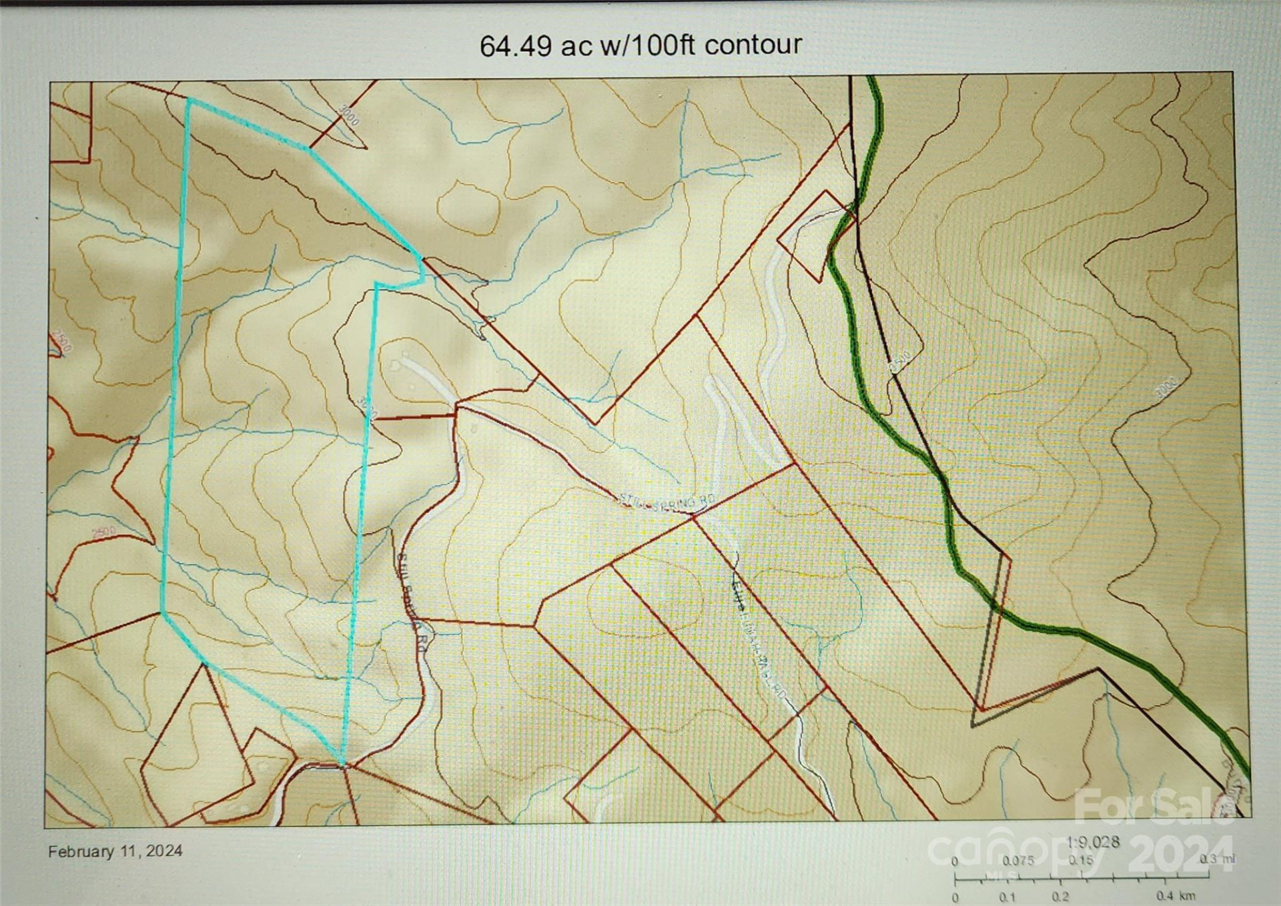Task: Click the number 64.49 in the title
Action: click(x=515, y=46)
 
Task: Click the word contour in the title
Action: click(x=753, y=45)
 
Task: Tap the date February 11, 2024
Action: click(x=115, y=851)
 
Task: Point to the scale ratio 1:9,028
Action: click(x=1093, y=842)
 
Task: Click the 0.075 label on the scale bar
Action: click(x=1017, y=861)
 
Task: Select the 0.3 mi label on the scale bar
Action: click(x=1218, y=859)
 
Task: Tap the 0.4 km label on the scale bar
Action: click(x=1176, y=896)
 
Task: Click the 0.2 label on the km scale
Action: click(x=1061, y=897)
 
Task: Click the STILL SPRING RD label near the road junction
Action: click(x=667, y=502)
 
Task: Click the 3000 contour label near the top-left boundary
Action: click(x=349, y=115)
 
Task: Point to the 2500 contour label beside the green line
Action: click(x=899, y=362)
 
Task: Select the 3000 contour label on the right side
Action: click(x=1166, y=388)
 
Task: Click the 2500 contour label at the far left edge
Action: click(x=62, y=342)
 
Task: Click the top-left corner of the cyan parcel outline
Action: click(x=189, y=101)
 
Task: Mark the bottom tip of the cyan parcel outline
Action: click(x=343, y=765)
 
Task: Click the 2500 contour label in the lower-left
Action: click(x=103, y=532)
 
